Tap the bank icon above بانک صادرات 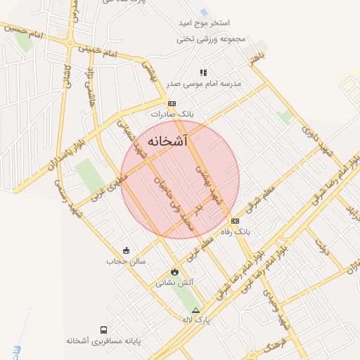pos(172,103)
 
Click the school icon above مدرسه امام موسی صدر pos(203,72)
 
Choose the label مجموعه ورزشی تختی pos(212,39)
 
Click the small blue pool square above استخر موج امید pos(203,13)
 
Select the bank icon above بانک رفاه pos(234,221)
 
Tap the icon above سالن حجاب pos(126,250)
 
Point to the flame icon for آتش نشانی pos(174,272)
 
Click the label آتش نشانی pos(175,283)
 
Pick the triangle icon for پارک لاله pos(195,310)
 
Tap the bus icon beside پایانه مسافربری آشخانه pos(104,330)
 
